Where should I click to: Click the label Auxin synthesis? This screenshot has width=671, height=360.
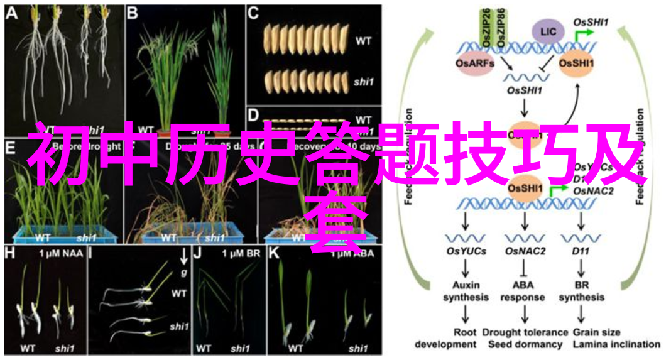coord(466,291)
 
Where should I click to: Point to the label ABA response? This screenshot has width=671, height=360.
coord(524,291)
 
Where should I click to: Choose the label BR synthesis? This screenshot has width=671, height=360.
coord(581,291)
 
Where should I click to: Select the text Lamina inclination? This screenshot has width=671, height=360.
coord(616,344)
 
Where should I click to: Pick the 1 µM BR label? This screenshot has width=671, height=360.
coord(242,254)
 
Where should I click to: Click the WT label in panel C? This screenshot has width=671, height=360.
coord(363,41)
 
